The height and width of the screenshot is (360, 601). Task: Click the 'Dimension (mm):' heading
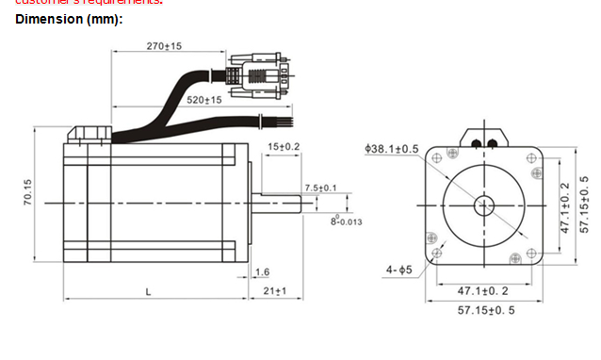pyautogui.click(x=69, y=19)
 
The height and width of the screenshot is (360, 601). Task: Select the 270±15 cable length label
pyautogui.click(x=164, y=45)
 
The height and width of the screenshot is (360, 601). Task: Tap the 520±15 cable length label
pyautogui.click(x=203, y=99)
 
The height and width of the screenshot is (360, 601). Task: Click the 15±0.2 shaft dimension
pyautogui.click(x=283, y=147)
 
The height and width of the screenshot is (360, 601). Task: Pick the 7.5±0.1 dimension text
pyautogui.click(x=320, y=188)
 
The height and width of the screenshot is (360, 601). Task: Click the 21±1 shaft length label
pyautogui.click(x=274, y=291)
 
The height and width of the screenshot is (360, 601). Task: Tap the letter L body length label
pyautogui.click(x=148, y=291)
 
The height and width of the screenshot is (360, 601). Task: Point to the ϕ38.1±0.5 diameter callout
pyautogui.click(x=392, y=148)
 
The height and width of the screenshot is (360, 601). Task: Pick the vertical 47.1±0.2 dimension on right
pyautogui.click(x=565, y=207)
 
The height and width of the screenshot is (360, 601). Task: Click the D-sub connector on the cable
pyautogui.click(x=256, y=75)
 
